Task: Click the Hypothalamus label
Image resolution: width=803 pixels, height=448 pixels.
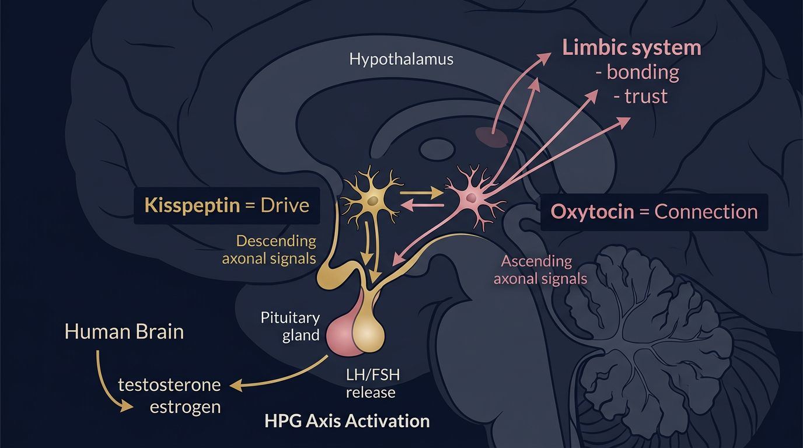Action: click(401, 59)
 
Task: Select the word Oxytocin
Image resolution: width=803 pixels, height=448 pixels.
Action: click(592, 211)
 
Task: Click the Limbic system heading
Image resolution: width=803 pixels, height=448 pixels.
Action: click(631, 48)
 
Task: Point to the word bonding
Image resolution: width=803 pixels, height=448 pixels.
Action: click(643, 72)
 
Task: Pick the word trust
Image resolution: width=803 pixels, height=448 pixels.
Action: click(645, 96)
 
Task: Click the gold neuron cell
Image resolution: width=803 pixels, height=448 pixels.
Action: click(369, 200)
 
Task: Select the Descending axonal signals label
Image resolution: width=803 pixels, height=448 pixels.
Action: click(269, 250)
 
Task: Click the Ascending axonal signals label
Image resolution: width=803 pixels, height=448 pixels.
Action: click(540, 269)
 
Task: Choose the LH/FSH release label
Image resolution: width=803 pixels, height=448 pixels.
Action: click(371, 383)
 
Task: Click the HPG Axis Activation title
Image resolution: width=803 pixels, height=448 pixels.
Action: click(347, 421)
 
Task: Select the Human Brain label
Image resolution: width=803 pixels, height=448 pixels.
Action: click(124, 332)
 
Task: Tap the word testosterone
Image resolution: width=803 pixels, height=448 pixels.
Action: click(169, 385)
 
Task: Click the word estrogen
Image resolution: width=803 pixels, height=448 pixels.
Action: click(185, 407)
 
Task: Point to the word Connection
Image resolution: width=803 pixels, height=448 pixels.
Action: click(706, 211)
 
